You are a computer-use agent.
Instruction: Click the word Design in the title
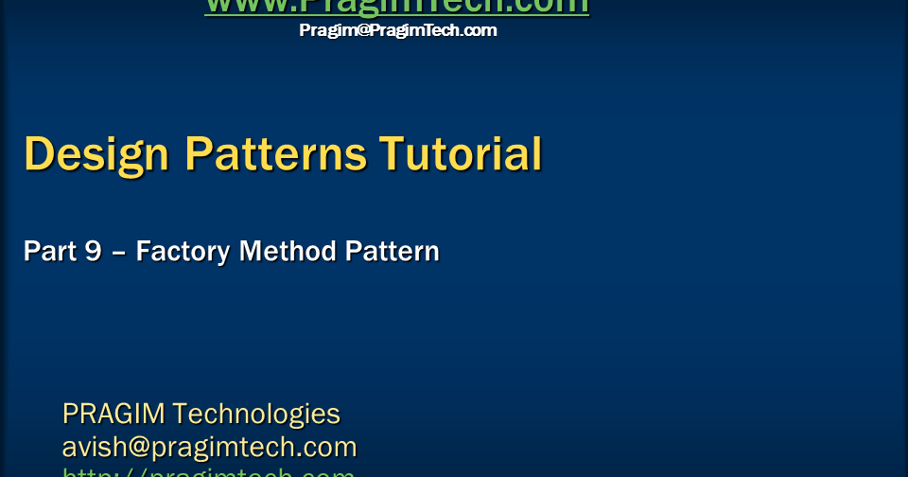tap(96, 154)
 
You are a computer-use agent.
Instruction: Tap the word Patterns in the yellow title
tap(275, 154)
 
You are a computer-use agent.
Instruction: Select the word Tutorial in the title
tap(461, 154)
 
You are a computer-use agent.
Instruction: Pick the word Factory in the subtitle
tap(183, 252)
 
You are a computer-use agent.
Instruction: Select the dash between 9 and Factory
tap(119, 253)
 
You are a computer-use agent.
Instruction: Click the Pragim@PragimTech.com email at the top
tap(397, 30)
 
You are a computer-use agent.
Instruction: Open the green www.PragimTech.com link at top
tap(397, 7)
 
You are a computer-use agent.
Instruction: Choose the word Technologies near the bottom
tap(256, 414)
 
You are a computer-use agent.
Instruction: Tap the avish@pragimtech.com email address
tap(209, 446)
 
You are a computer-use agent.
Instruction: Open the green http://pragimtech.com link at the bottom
tap(209, 471)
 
